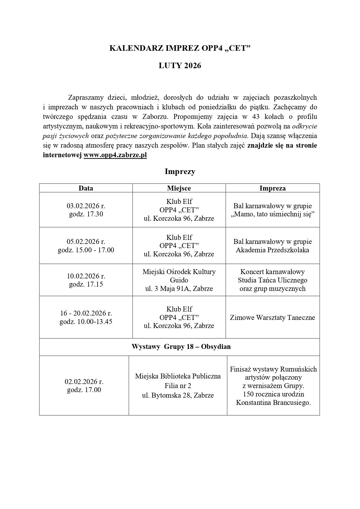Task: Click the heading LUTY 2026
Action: coord(180,66)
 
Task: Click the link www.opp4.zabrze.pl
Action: coord(115,155)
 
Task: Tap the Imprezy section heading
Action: coord(180,171)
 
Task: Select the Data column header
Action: coord(86,188)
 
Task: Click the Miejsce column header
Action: coord(179,188)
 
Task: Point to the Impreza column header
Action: coord(272,188)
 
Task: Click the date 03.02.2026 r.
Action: coord(86,206)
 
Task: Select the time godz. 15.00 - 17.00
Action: coord(86,250)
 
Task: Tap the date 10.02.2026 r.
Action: coord(86,276)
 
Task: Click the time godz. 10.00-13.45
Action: coord(86,322)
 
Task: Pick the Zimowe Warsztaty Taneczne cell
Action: coord(272,317)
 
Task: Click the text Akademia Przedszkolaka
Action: coord(272,250)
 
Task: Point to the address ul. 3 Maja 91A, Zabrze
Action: coord(179,289)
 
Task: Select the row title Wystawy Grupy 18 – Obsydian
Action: coord(181,347)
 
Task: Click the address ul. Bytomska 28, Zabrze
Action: coord(178,395)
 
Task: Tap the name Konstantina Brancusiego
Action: coord(273,403)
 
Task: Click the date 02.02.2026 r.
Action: coord(84,382)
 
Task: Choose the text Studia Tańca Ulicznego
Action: coord(272,280)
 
